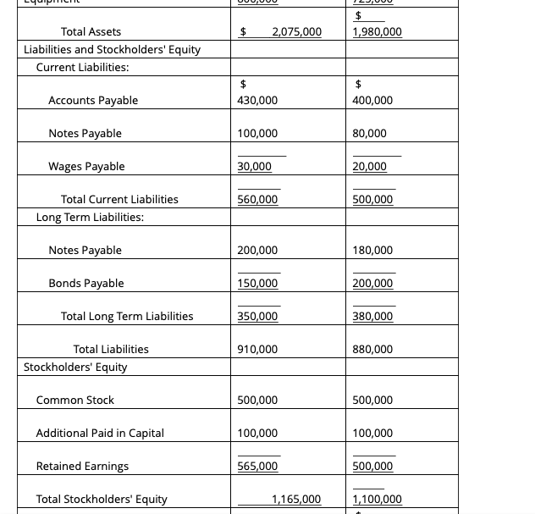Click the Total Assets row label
point(91,32)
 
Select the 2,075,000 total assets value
point(296,32)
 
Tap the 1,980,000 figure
point(377,32)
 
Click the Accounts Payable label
point(93,101)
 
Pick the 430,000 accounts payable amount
point(257,101)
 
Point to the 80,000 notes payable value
point(369,134)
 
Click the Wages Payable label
point(86,167)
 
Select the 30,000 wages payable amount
point(254,167)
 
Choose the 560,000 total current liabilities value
point(257,200)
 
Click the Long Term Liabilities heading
point(90,217)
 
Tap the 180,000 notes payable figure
point(372,251)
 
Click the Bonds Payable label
point(86,284)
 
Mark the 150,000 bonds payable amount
point(257,284)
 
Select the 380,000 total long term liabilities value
point(372,317)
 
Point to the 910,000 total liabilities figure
point(257,350)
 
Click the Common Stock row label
point(74,401)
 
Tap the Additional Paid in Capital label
point(100,434)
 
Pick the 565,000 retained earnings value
point(257,467)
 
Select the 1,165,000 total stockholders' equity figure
point(296,500)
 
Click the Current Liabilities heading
point(82,67)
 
